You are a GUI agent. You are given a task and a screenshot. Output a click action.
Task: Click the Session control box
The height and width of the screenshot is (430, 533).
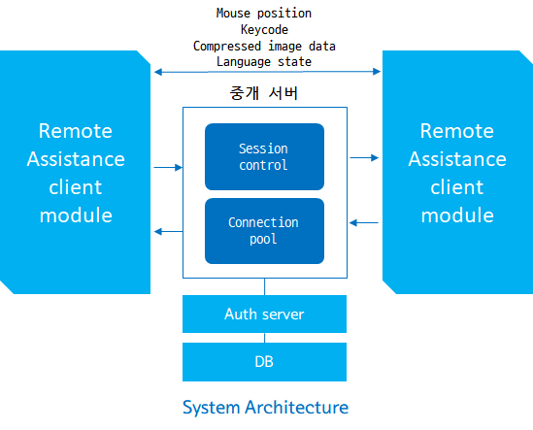point(264,156)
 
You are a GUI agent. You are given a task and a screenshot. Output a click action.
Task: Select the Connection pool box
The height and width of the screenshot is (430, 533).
point(264,231)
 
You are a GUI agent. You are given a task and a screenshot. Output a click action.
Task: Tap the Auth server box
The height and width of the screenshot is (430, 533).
point(264,314)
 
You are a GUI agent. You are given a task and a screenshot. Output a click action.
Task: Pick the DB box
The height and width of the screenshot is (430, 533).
point(264,362)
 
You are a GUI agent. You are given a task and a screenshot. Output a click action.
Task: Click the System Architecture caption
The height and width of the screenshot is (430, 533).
point(265,408)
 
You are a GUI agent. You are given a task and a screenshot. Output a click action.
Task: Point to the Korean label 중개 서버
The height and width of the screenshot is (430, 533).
point(264,93)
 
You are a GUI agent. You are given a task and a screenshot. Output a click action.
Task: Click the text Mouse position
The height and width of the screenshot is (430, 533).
point(264,14)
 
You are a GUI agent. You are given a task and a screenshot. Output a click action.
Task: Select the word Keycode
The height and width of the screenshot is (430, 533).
point(264,29)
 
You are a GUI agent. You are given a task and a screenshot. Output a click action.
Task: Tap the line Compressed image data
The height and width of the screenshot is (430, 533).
point(264,46)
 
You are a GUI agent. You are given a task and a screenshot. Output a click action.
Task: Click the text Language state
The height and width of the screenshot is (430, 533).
point(264,62)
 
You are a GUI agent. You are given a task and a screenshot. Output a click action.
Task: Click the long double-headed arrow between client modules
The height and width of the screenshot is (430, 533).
point(267,72)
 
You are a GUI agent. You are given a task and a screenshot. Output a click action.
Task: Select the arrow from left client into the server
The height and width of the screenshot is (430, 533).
point(168,167)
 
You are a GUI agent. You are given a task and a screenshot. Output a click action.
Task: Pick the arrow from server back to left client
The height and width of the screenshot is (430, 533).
point(168,231)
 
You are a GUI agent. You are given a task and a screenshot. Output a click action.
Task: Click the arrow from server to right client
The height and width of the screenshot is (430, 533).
point(364,157)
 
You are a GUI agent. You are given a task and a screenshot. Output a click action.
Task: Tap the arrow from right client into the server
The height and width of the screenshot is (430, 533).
point(364,222)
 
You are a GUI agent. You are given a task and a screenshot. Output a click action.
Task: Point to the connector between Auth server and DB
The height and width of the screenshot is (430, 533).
point(264,338)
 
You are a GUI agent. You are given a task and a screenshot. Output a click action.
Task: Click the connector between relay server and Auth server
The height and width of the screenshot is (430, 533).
point(264,286)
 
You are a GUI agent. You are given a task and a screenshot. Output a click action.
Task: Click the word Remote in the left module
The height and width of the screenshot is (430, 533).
point(76,131)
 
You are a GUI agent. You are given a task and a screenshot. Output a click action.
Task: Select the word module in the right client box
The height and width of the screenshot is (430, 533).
point(457,215)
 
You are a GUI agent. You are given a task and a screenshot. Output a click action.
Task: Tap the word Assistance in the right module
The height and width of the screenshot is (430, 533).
point(457,159)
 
